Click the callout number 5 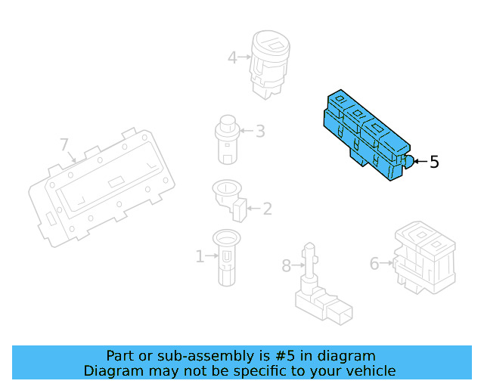(434, 162)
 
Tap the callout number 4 (232, 57)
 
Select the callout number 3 (260, 132)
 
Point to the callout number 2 (267, 209)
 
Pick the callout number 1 (200, 256)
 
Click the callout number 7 (64, 144)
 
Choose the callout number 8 (286, 266)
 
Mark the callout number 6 (374, 264)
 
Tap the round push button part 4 (269, 64)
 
